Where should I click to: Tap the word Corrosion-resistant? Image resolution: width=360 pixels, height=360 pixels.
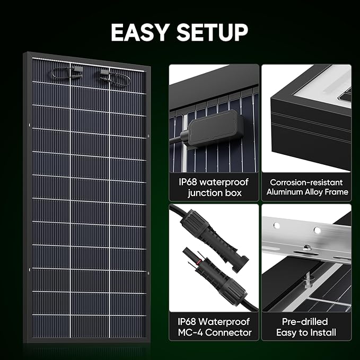(306, 182)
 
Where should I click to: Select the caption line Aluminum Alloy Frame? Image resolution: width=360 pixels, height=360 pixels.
(306, 192)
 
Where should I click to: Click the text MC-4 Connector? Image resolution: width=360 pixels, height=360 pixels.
(214, 333)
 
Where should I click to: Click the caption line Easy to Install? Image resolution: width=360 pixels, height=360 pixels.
(306, 333)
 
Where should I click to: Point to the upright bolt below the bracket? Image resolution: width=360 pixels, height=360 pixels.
(307, 276)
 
